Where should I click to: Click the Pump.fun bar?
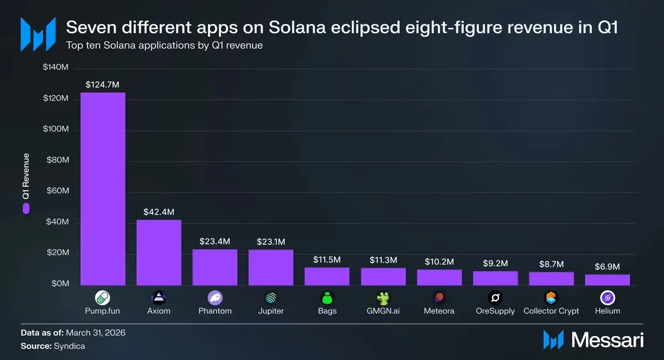pyautogui.click(x=103, y=189)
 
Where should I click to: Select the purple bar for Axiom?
pyautogui.click(x=159, y=253)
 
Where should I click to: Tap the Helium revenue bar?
pyautogui.click(x=608, y=280)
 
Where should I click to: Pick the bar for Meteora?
pyautogui.click(x=439, y=278)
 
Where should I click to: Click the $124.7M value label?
pyautogui.click(x=102, y=85)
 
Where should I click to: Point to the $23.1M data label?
pyautogui.click(x=271, y=242)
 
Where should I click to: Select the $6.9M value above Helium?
pyautogui.click(x=608, y=267)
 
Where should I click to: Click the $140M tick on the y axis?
pyautogui.click(x=56, y=67)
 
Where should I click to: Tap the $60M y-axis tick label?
pyautogui.click(x=58, y=191)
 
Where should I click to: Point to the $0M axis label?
pyautogui.click(x=60, y=284)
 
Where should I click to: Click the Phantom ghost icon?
pyautogui.click(x=215, y=298)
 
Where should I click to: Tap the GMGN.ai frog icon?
pyautogui.click(x=383, y=298)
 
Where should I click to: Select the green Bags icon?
pyautogui.click(x=327, y=298)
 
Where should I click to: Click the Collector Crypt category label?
pyautogui.click(x=551, y=311)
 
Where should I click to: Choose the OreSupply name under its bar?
pyautogui.click(x=495, y=311)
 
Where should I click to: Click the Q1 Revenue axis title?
pyautogui.click(x=26, y=176)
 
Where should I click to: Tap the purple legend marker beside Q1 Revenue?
pyautogui.click(x=26, y=208)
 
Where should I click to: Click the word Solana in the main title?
pyautogui.click(x=297, y=27)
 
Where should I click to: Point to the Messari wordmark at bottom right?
pyautogui.click(x=608, y=340)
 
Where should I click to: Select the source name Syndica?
pyautogui.click(x=69, y=346)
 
